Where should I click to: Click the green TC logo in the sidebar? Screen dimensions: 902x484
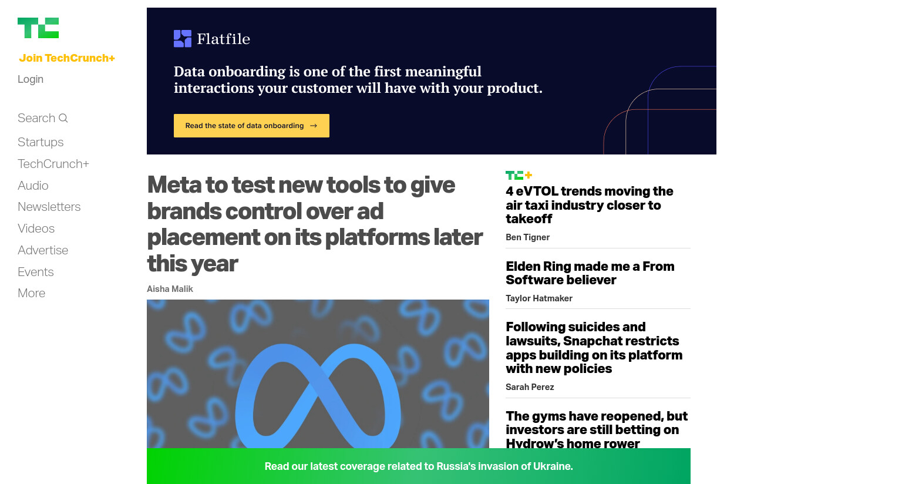pyautogui.click(x=38, y=28)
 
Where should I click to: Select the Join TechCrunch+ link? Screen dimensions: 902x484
pyautogui.click(x=67, y=58)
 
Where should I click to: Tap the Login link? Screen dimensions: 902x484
pyautogui.click(x=31, y=79)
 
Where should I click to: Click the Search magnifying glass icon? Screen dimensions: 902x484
pyautogui.click(x=63, y=118)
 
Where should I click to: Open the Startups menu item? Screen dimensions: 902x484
pyautogui.click(x=41, y=142)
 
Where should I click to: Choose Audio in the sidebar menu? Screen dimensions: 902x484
pyautogui.click(x=33, y=186)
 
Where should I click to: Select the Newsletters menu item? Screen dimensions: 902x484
pyautogui.click(x=49, y=207)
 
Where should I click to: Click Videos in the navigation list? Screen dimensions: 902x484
pyautogui.click(x=36, y=228)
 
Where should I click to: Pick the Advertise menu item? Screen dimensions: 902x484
pyautogui.click(x=43, y=250)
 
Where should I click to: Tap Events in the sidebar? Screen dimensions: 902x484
pyautogui.click(x=36, y=272)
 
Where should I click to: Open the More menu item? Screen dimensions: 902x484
pyautogui.click(x=31, y=293)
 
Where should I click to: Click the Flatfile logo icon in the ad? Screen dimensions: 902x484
pyautogui.click(x=183, y=39)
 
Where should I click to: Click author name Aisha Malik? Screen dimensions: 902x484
pyautogui.click(x=170, y=289)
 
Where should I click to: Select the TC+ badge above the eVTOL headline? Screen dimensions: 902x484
pyautogui.click(x=519, y=175)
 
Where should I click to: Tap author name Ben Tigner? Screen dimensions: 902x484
pyautogui.click(x=527, y=237)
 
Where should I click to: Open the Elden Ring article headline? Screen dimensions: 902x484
pyautogui.click(x=590, y=273)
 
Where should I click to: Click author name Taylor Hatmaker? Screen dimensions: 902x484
pyautogui.click(x=538, y=298)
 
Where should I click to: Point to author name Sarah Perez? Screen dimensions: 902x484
pyautogui.click(x=530, y=387)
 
